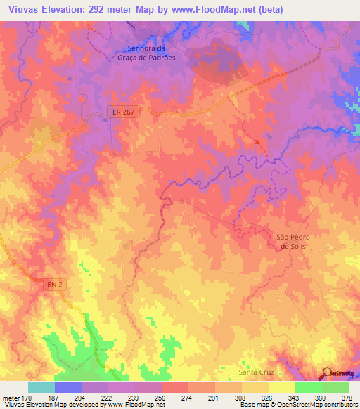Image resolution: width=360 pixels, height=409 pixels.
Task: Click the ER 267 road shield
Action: point(122,112)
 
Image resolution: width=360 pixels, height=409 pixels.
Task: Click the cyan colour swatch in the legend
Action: point(41,387)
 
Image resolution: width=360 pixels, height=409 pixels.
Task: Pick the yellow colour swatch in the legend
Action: point(281,387)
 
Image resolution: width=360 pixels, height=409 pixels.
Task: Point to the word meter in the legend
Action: point(11,397)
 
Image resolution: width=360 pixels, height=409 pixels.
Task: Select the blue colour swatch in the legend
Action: point(68,387)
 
